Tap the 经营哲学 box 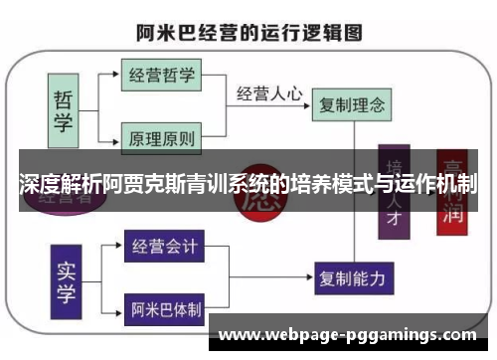point(160,75)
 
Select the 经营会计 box point(163,245)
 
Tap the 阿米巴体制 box point(164,308)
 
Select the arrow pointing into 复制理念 point(307,102)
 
